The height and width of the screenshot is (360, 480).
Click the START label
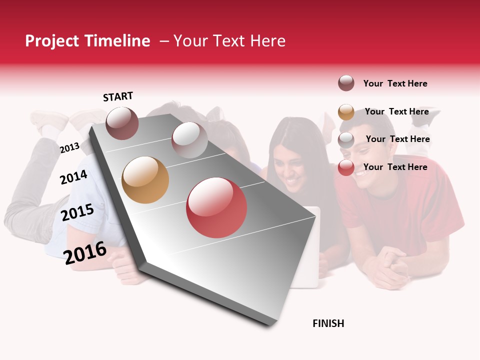pyautogui.click(x=118, y=96)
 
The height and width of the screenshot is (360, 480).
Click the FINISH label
pyautogui.click(x=328, y=323)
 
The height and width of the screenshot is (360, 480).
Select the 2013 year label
pyautogui.click(x=69, y=147)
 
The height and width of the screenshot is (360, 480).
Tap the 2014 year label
pyautogui.click(x=73, y=177)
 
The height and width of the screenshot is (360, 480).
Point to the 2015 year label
pyautogui.click(x=77, y=212)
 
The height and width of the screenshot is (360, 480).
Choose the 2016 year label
pyautogui.click(x=85, y=252)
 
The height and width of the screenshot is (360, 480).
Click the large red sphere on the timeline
pyautogui.click(x=216, y=207)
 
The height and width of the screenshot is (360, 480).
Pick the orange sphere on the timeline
pyautogui.click(x=145, y=180)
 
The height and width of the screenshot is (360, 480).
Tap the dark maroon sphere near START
pyautogui.click(x=122, y=123)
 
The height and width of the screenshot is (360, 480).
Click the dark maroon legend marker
pyautogui.click(x=346, y=83)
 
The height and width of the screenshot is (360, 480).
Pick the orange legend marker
pyautogui.click(x=346, y=112)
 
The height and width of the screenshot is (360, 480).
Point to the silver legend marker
pyautogui.click(x=346, y=140)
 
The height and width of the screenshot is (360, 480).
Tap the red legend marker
pyautogui.click(x=346, y=168)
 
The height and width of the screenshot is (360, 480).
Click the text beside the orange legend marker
pyautogui.click(x=396, y=111)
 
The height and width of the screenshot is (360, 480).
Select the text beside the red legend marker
pyautogui.click(x=395, y=167)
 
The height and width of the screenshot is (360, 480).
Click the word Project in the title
pyautogui.click(x=53, y=41)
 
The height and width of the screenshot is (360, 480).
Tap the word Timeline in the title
pyautogui.click(x=117, y=41)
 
